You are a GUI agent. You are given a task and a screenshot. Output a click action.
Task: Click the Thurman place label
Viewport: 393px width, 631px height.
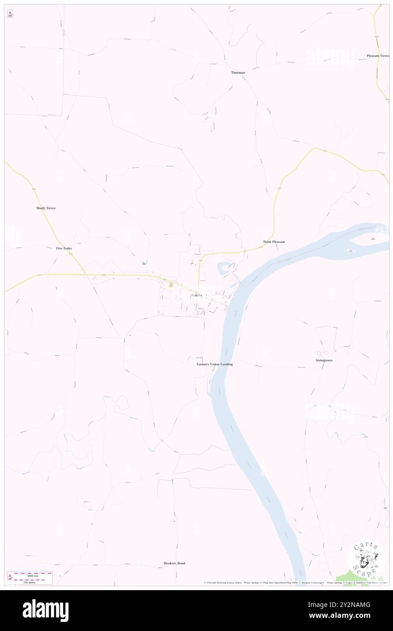point(238,73)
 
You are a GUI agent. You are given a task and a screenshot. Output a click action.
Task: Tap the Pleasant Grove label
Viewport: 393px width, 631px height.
point(378,56)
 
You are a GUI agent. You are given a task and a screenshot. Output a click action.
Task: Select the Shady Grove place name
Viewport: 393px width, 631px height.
point(46,208)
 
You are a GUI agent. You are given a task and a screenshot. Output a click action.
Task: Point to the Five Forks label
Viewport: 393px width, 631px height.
point(64,248)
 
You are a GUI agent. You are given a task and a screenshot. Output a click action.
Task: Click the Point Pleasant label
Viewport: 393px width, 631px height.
point(274,242)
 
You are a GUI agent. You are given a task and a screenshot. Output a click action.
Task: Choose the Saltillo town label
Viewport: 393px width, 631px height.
point(196,296)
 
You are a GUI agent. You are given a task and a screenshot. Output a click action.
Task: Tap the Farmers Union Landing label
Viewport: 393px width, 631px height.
point(215,364)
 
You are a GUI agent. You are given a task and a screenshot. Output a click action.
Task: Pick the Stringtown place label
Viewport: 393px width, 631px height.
point(324,360)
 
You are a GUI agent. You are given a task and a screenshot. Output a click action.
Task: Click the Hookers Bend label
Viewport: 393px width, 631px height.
point(174,563)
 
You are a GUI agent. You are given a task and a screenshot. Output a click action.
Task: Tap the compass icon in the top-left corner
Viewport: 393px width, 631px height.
point(10,14)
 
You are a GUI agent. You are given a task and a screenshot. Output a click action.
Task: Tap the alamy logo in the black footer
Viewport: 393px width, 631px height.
point(45,610)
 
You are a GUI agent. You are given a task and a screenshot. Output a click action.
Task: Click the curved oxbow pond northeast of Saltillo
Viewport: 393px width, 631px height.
point(223,269)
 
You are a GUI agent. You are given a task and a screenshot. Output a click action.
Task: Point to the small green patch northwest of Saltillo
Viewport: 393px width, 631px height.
point(144,263)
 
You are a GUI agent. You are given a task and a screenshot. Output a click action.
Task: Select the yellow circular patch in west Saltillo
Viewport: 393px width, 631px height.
point(171,286)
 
